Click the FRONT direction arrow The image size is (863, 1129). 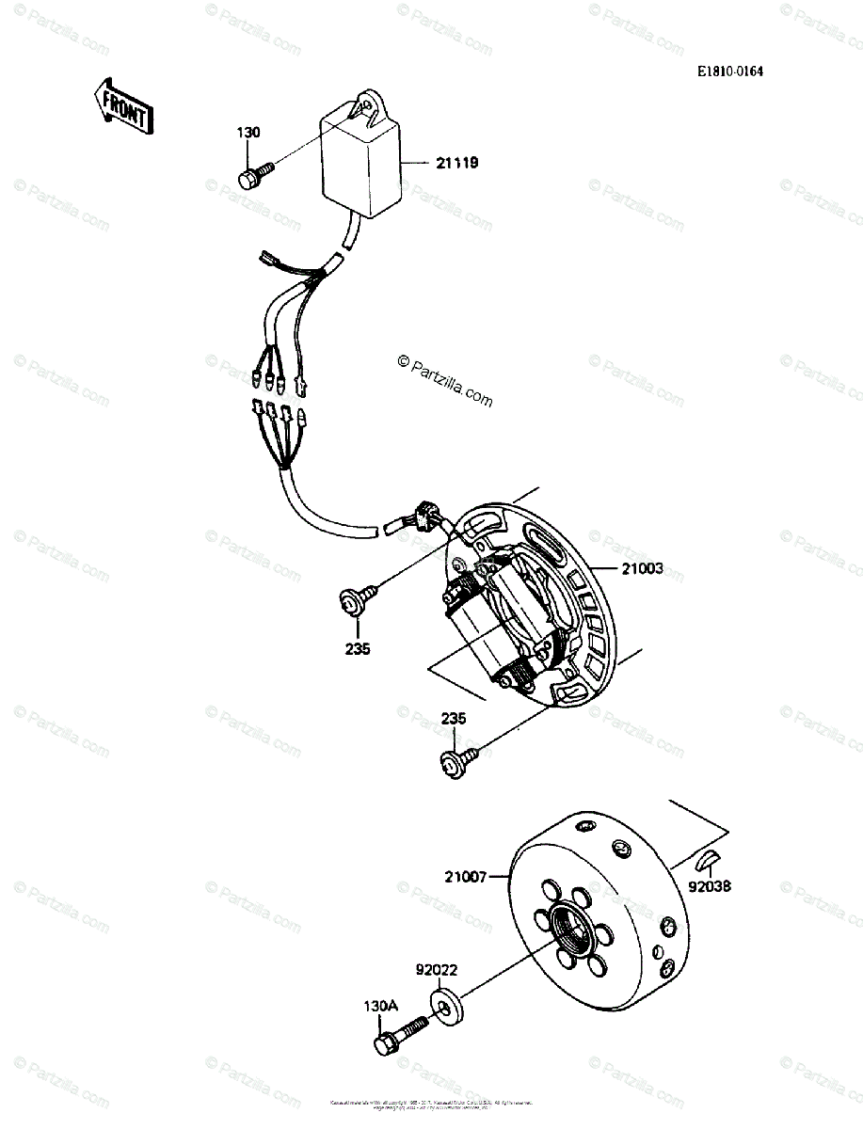point(121,105)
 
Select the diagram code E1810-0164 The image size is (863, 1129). point(729,71)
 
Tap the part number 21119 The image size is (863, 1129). point(456,163)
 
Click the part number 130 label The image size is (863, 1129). point(248,133)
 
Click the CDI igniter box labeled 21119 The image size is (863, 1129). point(360,163)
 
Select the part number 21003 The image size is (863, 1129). point(642,568)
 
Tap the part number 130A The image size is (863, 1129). point(381,1005)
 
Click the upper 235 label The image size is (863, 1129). point(358,648)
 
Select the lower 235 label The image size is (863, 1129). point(454,720)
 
